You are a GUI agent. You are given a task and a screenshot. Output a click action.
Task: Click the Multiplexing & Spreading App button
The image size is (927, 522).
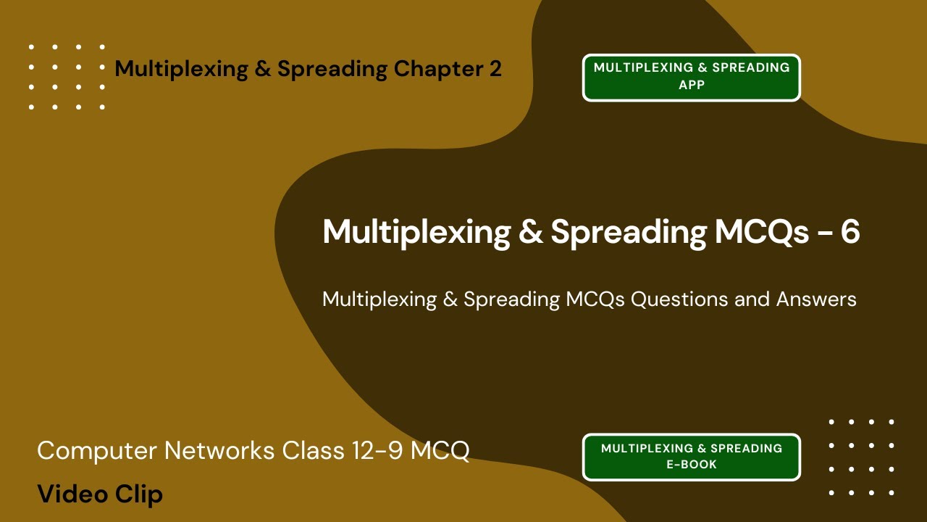click(x=692, y=77)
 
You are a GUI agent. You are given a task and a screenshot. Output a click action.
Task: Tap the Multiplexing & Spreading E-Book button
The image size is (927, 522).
click(x=692, y=457)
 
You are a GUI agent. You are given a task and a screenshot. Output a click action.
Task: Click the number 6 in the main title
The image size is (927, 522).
click(x=850, y=232)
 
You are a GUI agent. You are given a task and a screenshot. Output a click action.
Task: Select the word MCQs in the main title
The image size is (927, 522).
click(x=762, y=232)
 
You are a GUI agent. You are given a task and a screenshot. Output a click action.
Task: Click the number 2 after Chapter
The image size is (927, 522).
click(x=494, y=70)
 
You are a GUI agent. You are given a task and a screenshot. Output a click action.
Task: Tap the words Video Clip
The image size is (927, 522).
click(x=100, y=494)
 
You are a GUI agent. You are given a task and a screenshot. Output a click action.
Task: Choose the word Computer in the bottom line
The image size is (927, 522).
click(x=96, y=451)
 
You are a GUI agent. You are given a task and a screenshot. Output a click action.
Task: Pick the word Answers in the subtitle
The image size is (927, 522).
click(x=816, y=299)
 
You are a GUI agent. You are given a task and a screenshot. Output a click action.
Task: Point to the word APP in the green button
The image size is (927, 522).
click(x=692, y=85)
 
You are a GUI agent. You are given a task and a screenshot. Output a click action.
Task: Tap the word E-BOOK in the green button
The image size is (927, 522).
click(x=692, y=465)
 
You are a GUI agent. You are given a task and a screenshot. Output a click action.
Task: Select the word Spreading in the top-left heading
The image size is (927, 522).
click(x=332, y=70)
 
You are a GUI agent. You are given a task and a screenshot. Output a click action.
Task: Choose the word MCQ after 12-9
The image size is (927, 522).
click(x=440, y=451)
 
